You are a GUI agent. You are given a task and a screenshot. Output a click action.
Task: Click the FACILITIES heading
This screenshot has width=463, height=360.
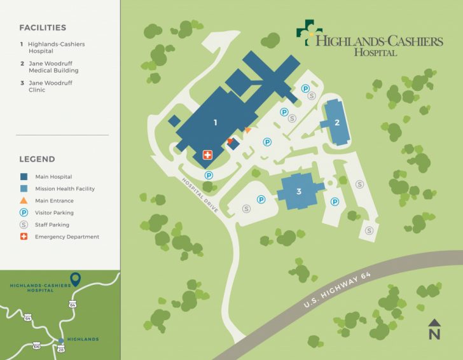point(43,28)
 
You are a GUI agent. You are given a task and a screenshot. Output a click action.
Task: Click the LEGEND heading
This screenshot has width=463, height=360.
point(37,159)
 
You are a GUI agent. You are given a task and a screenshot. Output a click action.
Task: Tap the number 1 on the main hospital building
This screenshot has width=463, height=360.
point(216,122)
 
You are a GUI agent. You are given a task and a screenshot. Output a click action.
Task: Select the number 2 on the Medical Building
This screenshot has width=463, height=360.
point(337,122)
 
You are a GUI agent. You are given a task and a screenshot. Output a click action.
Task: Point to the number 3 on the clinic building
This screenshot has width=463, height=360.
point(298,191)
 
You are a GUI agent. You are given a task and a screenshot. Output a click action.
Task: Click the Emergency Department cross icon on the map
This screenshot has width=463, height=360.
point(207,155)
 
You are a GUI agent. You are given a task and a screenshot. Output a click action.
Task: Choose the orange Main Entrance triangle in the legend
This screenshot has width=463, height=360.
point(24,201)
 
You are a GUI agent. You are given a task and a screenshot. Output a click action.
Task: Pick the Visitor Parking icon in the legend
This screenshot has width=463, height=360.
point(24,213)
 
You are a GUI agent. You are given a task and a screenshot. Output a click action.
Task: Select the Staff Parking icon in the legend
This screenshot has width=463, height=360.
point(24,225)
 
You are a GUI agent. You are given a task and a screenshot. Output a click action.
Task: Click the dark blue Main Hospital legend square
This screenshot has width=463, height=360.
point(24,177)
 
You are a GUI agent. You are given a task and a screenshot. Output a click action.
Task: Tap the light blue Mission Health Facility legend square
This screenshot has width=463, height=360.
point(24,189)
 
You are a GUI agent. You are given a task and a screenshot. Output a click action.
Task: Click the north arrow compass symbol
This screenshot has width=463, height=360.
point(434,328)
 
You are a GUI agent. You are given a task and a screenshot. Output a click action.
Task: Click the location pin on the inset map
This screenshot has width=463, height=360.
point(75,279)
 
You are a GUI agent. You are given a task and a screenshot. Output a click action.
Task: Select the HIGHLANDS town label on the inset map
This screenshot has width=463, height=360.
point(83,340)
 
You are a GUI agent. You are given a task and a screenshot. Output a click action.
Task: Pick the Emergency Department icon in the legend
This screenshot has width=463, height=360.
point(24,237)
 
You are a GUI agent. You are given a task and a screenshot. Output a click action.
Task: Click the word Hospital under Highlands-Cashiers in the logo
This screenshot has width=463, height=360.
point(375,53)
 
